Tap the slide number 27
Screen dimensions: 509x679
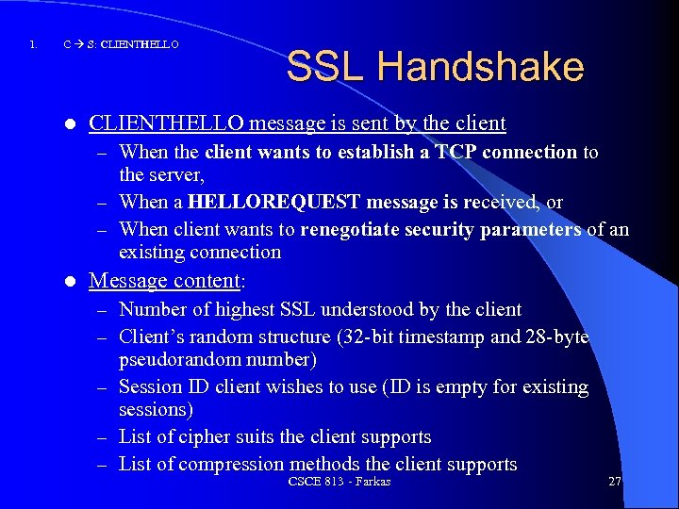point(614,481)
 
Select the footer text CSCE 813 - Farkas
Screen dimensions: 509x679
point(339,482)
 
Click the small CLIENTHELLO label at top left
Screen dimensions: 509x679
point(139,44)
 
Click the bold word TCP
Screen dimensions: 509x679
point(455,152)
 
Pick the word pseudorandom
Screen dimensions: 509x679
point(176,360)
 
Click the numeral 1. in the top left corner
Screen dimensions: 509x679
point(33,44)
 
